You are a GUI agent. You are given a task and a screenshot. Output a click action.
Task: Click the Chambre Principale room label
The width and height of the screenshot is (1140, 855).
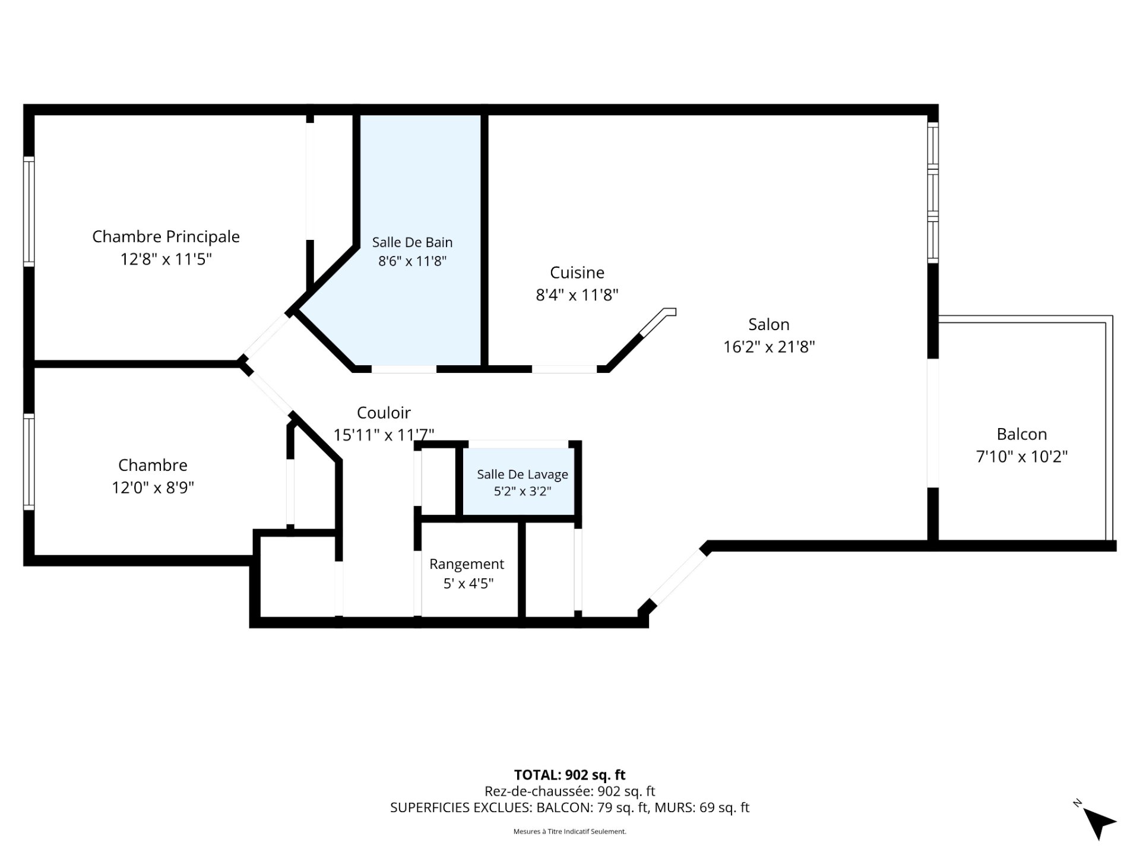[x=166, y=237]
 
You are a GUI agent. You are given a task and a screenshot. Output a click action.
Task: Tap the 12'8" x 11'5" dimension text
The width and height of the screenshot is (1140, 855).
[x=166, y=259]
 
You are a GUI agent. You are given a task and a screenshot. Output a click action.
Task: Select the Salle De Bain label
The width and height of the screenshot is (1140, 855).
[x=412, y=242]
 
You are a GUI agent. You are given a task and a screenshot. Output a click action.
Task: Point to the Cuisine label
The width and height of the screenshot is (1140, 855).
[x=577, y=273]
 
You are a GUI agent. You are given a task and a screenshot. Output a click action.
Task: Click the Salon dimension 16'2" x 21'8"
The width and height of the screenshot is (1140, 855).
[x=769, y=347]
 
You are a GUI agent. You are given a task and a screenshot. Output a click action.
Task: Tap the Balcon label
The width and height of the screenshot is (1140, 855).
[x=1021, y=434]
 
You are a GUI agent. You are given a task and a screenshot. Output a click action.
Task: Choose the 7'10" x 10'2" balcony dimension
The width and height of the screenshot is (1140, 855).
[x=1022, y=457]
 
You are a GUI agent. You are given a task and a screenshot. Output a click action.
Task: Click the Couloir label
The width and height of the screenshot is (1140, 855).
[x=384, y=413]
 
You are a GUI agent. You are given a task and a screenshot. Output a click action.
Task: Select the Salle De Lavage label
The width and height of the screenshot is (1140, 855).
[x=522, y=474]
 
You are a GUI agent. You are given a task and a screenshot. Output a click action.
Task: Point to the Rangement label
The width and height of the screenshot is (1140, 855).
[x=467, y=564]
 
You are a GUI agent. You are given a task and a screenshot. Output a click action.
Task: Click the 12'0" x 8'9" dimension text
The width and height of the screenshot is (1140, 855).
[x=153, y=487]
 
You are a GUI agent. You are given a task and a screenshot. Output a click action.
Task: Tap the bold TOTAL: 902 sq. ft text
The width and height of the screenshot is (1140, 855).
[x=570, y=775]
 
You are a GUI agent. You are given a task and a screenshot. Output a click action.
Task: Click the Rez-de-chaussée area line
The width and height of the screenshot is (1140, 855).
[x=570, y=791]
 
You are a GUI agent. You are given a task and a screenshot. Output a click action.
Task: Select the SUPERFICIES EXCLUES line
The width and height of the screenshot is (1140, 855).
[x=570, y=807]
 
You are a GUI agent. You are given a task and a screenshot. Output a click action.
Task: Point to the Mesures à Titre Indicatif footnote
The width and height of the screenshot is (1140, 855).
[x=570, y=832]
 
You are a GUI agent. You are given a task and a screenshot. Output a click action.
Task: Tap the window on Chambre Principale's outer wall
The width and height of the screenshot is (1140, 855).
[x=28, y=211]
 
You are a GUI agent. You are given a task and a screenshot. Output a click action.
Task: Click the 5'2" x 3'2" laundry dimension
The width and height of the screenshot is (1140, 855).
[x=522, y=492]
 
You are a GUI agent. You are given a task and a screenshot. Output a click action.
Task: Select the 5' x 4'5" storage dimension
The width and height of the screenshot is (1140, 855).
[x=468, y=584]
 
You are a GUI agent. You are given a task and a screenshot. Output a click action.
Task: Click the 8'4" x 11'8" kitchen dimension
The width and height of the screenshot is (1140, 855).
[x=577, y=295]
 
